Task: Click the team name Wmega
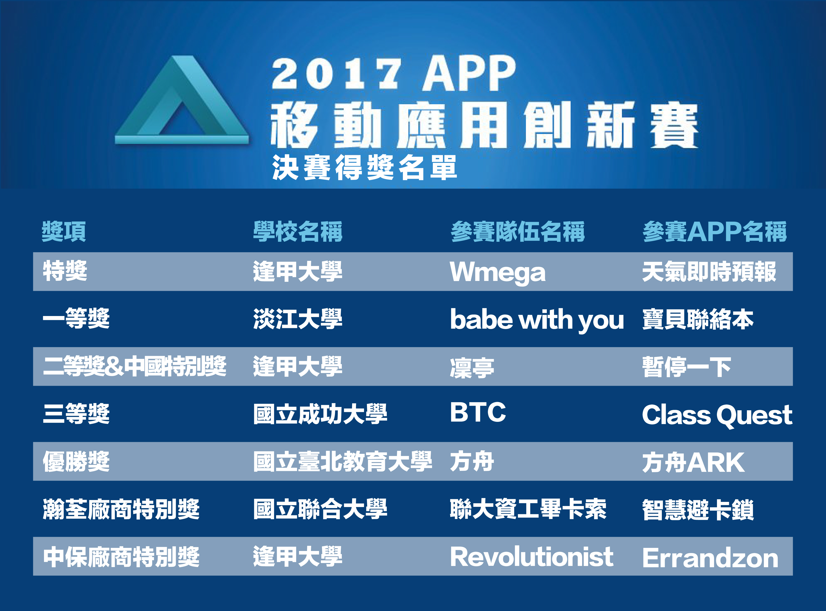pos(498,272)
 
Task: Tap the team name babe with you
pos(537,320)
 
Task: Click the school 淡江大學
pos(298,319)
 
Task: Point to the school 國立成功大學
pos(320,414)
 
